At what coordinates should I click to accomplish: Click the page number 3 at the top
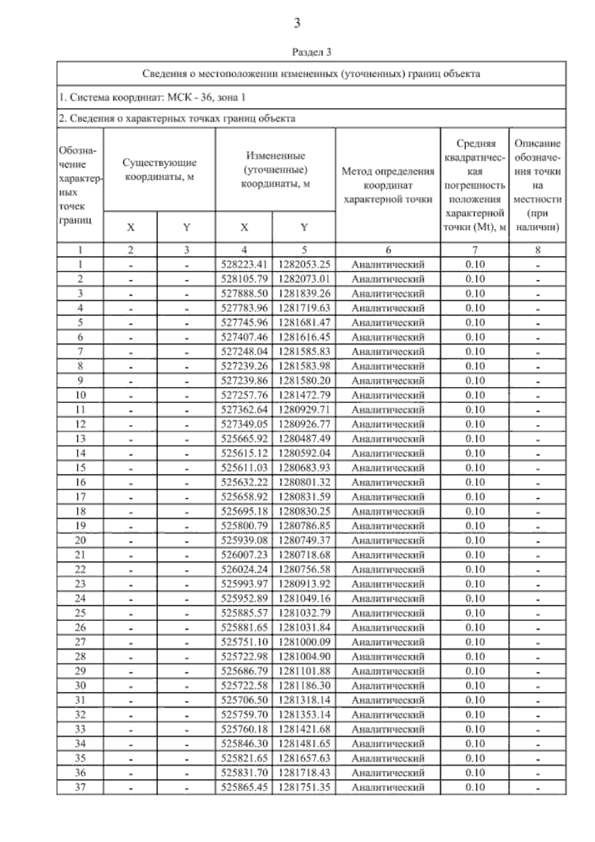click(297, 23)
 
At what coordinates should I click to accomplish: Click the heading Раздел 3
click(311, 52)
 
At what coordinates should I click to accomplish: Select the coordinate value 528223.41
click(244, 264)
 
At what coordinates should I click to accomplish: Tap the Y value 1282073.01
click(304, 279)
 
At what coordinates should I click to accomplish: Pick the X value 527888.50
click(244, 293)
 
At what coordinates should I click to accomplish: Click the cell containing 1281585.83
click(304, 352)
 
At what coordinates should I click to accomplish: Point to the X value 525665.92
click(244, 439)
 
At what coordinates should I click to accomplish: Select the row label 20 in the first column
click(80, 540)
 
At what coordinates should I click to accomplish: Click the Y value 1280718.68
click(304, 555)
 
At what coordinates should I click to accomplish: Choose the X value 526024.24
click(244, 569)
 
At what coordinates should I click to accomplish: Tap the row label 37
click(80, 787)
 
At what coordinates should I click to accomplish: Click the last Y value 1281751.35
click(304, 787)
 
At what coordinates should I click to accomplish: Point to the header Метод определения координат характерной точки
click(388, 185)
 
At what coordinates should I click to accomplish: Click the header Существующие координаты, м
click(159, 169)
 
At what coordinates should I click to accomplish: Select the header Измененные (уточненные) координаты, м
click(275, 169)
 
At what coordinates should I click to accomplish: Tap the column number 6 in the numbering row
click(388, 250)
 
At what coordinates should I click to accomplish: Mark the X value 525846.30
click(244, 743)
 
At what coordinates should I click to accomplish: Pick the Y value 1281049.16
click(304, 598)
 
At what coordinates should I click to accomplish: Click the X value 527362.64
click(244, 410)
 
